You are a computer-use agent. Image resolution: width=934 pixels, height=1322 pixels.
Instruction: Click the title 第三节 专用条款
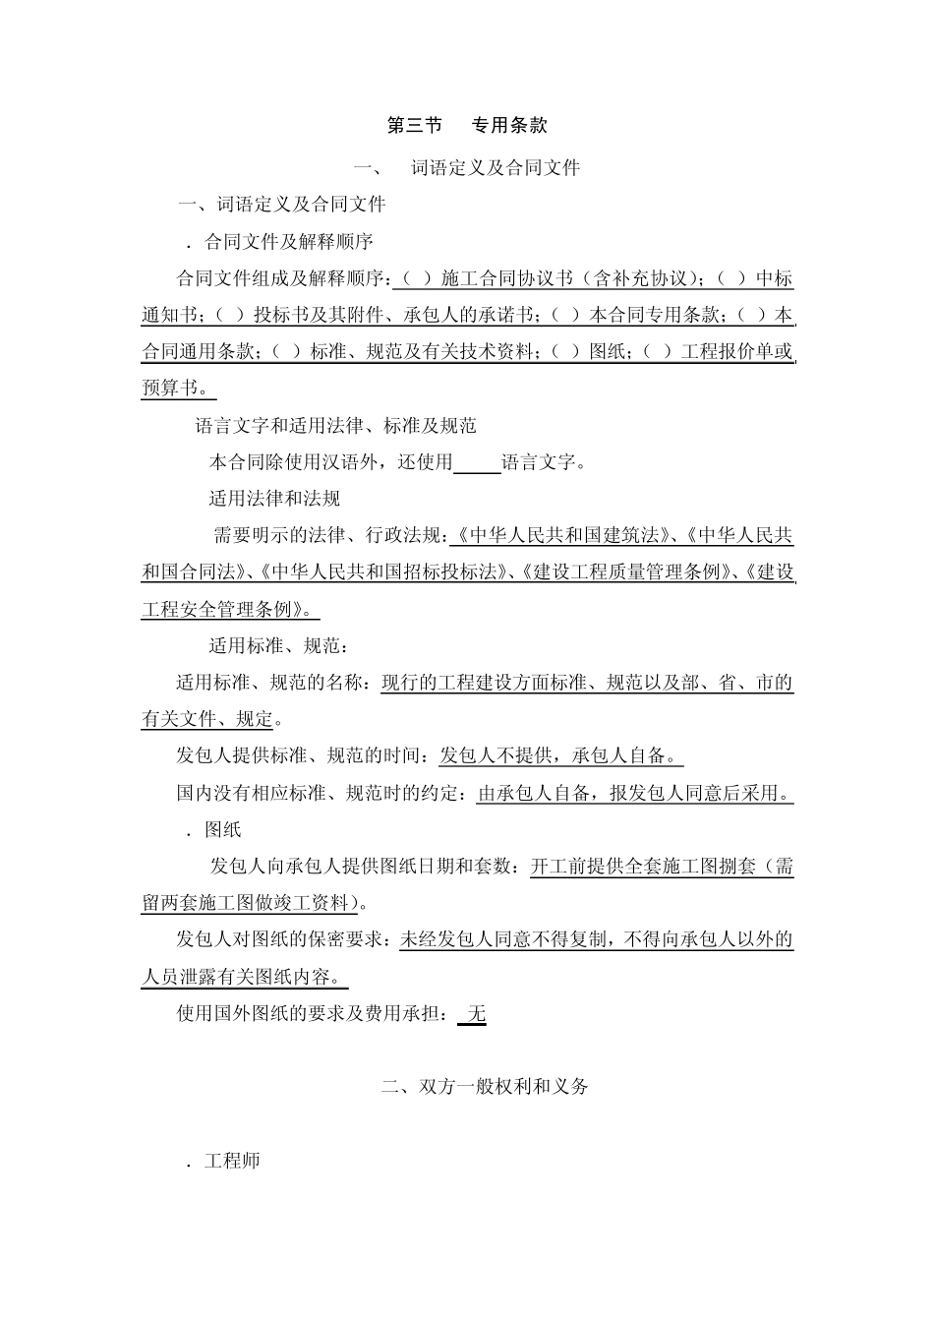tap(467, 125)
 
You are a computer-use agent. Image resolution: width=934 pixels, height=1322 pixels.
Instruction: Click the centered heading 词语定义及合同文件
tap(495, 168)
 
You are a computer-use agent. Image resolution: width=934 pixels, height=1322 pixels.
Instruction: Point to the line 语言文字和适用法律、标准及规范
tap(335, 425)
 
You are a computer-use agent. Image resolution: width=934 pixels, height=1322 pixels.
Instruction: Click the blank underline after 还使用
tap(477, 462)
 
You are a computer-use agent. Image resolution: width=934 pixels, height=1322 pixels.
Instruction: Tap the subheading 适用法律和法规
tap(273, 499)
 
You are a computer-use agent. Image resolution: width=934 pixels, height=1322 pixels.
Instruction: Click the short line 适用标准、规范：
tap(278, 646)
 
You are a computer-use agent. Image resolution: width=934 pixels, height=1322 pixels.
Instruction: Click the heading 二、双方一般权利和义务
tap(486, 1087)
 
